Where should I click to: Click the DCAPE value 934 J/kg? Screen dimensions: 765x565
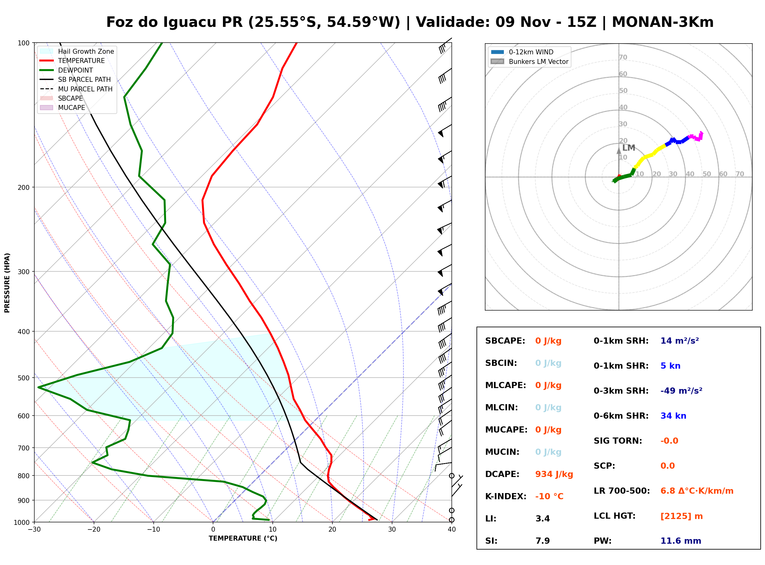pos(554,474)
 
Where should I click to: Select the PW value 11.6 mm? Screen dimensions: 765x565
pos(681,541)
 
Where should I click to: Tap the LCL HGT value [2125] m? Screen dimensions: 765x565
pos(682,516)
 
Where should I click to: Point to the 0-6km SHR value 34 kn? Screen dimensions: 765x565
pos(673,416)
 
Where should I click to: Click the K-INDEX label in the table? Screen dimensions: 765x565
pos(506,496)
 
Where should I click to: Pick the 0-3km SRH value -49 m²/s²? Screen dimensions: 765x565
pos(682,391)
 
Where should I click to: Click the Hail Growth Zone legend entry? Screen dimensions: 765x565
pos(77,51)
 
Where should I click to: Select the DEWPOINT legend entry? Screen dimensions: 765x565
pos(67,70)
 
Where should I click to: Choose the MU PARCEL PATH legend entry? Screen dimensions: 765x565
pos(76,89)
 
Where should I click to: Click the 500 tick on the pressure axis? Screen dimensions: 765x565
pos(24,378)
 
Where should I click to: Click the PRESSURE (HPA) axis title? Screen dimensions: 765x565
pos(7,283)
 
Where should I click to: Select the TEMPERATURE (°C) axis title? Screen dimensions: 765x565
pos(243,539)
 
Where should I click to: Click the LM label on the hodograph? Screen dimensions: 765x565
pos(629,148)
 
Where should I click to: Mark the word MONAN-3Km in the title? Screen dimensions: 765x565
pos(663,22)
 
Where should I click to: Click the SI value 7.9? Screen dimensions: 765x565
pos(543,541)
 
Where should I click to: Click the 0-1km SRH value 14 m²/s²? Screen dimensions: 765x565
pos(680,341)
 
